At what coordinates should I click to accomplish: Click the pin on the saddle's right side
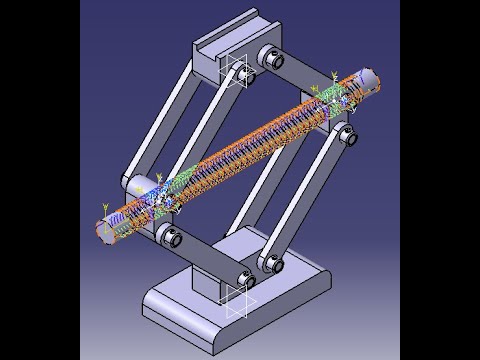270,60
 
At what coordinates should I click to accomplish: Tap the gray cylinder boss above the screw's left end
140,184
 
